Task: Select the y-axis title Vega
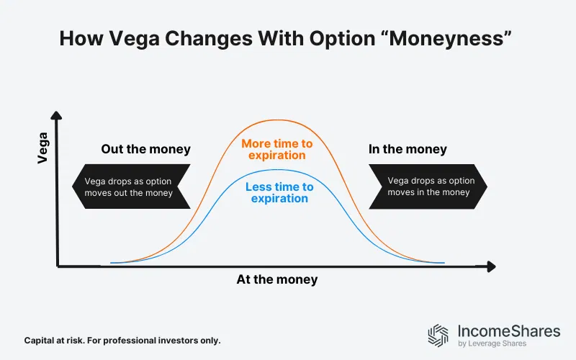point(42,147)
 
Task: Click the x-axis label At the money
point(276,279)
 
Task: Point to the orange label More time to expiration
point(277,149)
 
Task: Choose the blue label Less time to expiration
point(279,192)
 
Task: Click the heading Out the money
point(145,150)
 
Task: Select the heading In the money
point(408,150)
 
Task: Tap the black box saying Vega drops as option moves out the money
point(130,186)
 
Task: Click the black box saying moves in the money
point(429,186)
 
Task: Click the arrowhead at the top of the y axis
point(58,115)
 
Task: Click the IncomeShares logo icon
point(438,335)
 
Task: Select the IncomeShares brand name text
point(508,330)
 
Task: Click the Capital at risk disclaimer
point(122,339)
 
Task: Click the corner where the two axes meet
point(58,266)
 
